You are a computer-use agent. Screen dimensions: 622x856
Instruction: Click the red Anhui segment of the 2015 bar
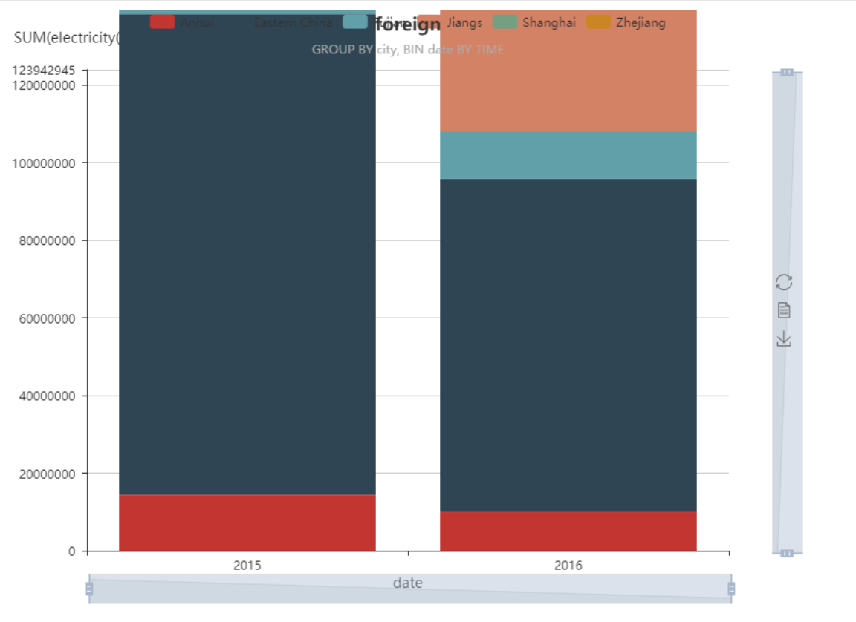pos(247,523)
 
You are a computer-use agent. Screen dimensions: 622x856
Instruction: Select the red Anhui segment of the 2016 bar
pos(568,531)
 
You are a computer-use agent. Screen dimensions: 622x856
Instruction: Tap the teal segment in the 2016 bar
pos(568,155)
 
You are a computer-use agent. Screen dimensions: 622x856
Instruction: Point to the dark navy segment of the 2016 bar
pos(568,345)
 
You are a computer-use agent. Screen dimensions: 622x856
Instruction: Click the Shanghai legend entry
pos(534,22)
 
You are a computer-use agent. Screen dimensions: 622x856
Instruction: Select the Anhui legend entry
pos(182,22)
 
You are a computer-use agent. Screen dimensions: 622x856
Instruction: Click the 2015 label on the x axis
pos(247,566)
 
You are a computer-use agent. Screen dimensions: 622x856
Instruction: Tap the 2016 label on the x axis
pos(568,566)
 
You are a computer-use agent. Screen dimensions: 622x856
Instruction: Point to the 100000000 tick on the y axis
pos(45,163)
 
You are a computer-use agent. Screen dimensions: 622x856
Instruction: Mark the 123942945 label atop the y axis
pos(45,71)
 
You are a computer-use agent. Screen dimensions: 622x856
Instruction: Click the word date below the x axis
pos(407,583)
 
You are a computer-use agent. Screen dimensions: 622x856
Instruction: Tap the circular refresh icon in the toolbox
pos(784,282)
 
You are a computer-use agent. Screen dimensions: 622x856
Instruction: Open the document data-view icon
pos(784,310)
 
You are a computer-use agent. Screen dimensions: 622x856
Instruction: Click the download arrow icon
pos(784,339)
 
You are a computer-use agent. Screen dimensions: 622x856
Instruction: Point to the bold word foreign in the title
pos(408,24)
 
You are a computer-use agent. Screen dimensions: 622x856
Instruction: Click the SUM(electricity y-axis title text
pos(66,38)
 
